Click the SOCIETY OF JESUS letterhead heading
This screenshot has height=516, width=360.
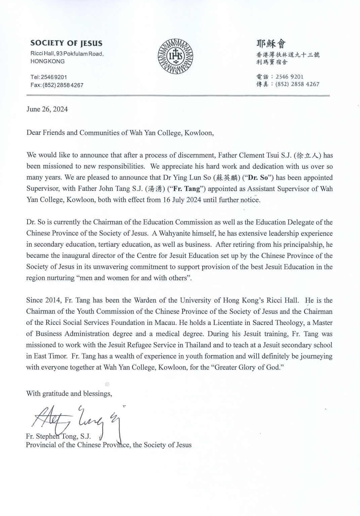pos(66,43)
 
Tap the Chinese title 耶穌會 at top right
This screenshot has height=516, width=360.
pos(271,44)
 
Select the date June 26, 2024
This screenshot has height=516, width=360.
pos(47,109)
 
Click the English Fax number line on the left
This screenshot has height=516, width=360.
pos(57,85)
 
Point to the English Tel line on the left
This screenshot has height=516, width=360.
pos(49,77)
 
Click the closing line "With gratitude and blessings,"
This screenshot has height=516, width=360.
pos(69,393)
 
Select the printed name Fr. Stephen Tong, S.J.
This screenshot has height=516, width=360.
pos(59,437)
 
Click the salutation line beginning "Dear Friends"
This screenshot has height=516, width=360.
pos(120,132)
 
